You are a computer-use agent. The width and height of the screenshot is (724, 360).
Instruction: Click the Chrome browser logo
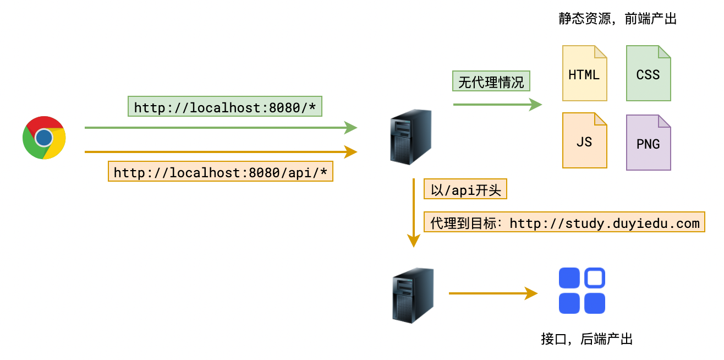(44, 138)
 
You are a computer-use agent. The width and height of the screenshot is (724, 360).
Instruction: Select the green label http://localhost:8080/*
(224, 107)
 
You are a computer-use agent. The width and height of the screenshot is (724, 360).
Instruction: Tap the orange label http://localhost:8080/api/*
(220, 172)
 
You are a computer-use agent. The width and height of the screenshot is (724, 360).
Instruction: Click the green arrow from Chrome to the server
(220, 128)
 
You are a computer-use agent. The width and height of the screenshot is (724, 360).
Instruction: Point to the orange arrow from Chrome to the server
(220, 151)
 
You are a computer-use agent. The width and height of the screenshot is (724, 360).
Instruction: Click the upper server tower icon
(410, 137)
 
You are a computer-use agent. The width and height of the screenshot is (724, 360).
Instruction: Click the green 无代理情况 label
(491, 83)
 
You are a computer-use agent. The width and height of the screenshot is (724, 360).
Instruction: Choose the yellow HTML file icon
(584, 74)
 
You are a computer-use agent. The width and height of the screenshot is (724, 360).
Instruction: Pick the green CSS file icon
(648, 74)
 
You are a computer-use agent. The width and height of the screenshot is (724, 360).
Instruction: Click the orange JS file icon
(584, 141)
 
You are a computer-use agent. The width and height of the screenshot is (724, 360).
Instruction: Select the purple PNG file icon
(648, 143)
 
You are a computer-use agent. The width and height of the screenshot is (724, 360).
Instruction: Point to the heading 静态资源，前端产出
(617, 19)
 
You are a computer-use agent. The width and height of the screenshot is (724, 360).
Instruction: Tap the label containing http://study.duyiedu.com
(564, 223)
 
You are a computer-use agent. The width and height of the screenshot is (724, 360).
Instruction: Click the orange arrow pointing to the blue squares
(492, 293)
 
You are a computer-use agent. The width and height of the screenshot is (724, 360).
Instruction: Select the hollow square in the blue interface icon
(594, 278)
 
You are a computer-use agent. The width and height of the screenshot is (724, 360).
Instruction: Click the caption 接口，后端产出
(586, 339)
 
